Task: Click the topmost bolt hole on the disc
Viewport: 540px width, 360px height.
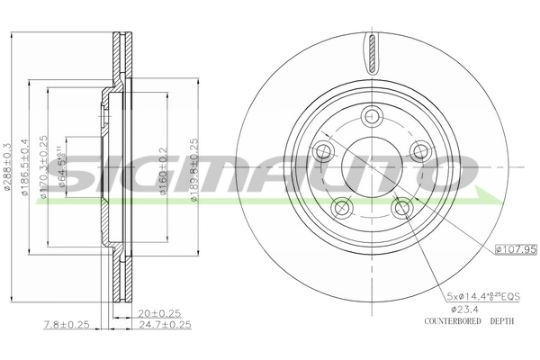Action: [x=371, y=115]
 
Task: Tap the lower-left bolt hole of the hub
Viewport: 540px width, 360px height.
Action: [x=340, y=209]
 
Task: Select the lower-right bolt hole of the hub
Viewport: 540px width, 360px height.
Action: [x=401, y=209]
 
